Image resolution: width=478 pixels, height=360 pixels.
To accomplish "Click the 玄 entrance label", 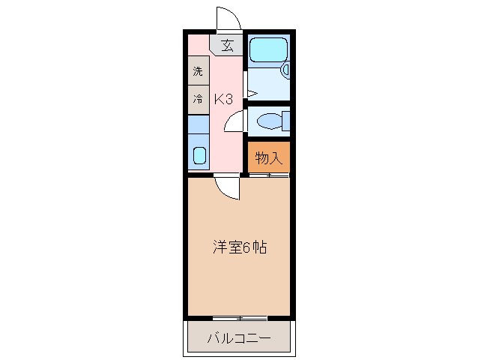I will click(226, 45).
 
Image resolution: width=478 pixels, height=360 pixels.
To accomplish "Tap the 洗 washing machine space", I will click(198, 72).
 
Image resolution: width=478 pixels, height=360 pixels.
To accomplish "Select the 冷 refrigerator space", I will click(198, 98).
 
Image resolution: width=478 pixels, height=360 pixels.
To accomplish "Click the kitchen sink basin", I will click(199, 155).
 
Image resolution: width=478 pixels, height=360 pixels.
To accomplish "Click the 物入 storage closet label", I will click(268, 157).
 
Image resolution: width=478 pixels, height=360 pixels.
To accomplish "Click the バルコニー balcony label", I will click(238, 338).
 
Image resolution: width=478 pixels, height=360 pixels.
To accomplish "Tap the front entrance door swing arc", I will click(228, 18).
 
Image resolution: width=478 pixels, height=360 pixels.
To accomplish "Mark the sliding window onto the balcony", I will click(238, 318).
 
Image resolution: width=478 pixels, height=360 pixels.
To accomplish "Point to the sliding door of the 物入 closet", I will click(268, 175).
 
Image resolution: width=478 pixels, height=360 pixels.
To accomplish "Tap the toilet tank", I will click(285, 120).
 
